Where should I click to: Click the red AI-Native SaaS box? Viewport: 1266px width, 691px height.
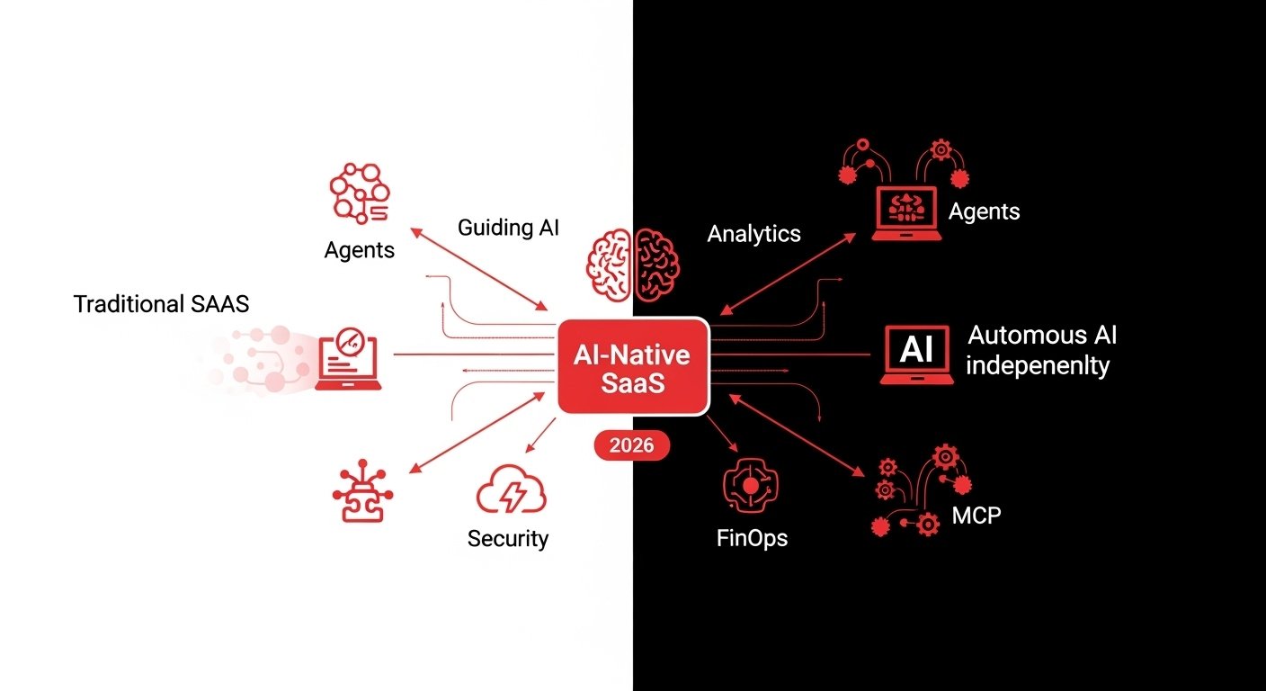pos(632,366)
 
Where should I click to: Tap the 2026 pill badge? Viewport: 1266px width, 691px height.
pos(632,444)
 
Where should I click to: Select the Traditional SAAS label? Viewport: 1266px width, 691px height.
pos(161,304)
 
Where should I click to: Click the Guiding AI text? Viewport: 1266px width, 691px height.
pos(508,227)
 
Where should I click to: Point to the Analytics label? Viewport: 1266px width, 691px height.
pos(753,234)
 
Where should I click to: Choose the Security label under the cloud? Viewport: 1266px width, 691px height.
pos(508,539)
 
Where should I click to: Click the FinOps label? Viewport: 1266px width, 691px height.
pos(753,539)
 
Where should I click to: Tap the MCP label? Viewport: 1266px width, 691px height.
pos(976,516)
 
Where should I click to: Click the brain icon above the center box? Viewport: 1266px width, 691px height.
pos(633,264)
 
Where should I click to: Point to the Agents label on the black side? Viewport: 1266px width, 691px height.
pos(984,211)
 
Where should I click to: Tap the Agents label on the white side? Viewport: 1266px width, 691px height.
pos(359,249)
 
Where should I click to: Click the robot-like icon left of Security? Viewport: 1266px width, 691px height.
pos(363,494)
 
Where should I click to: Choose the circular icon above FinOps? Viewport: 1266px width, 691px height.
pos(750,486)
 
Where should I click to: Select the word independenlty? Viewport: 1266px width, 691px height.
pos(1038,366)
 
